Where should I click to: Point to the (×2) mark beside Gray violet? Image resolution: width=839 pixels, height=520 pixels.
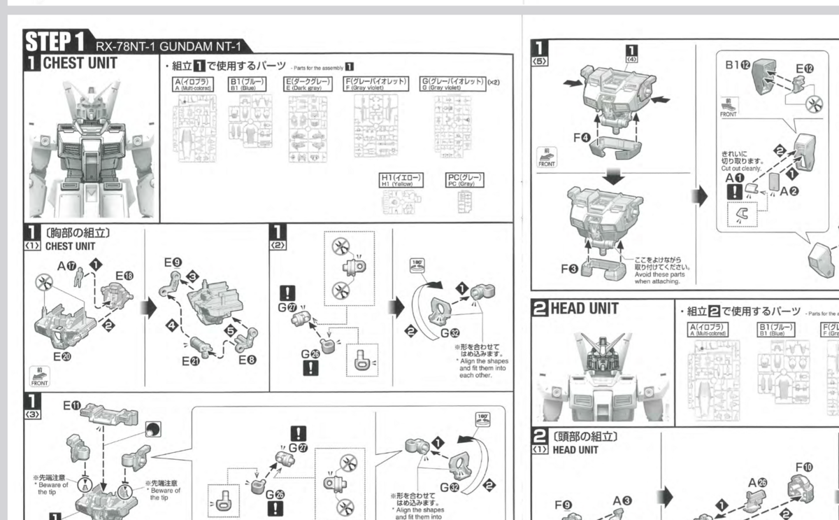(494, 83)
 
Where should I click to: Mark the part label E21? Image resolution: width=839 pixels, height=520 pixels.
(190, 361)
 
